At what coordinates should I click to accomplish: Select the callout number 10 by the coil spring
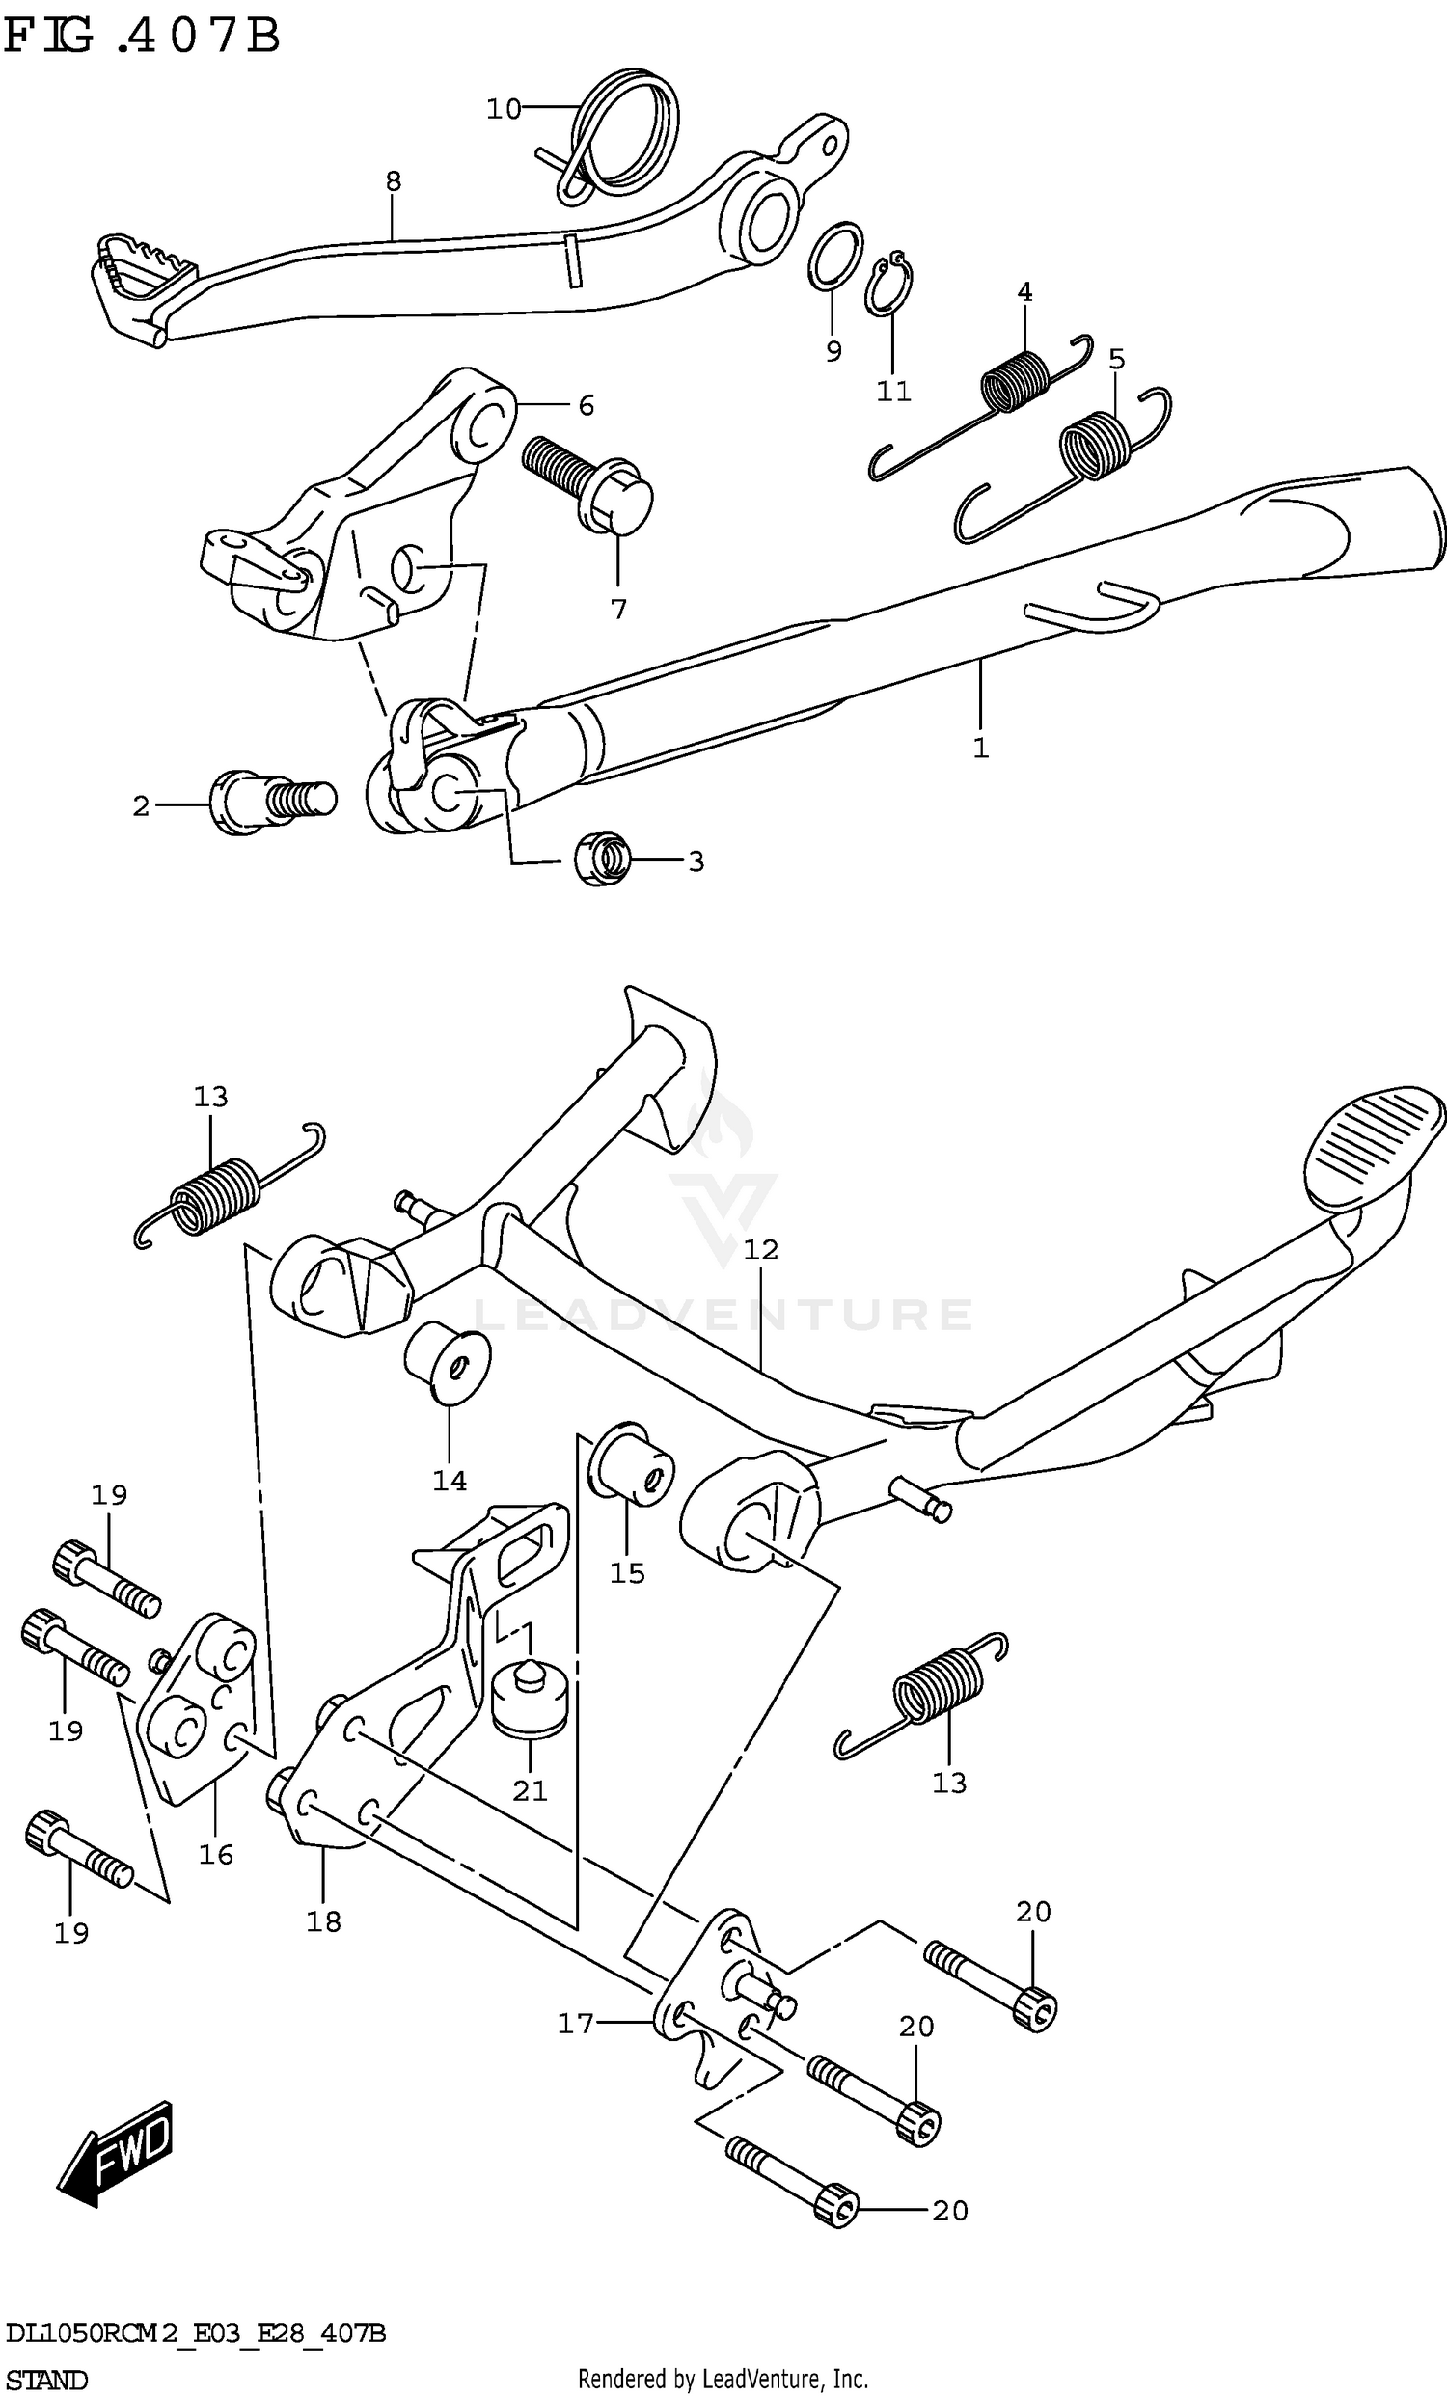pyautogui.click(x=504, y=110)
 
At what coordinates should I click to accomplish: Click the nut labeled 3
pyautogui.click(x=602, y=858)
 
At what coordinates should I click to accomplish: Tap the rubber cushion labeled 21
pyautogui.click(x=530, y=1700)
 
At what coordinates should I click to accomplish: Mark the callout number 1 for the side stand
pyautogui.click(x=980, y=748)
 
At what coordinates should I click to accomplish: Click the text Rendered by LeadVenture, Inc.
pyautogui.click(x=722, y=2372)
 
